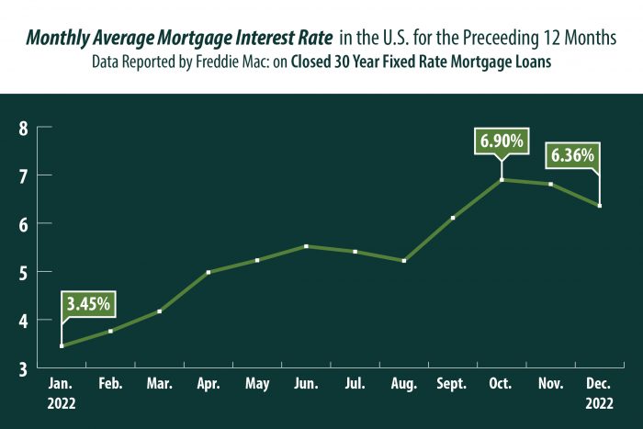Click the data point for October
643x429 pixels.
(x=502, y=179)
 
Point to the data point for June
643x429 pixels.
(x=306, y=246)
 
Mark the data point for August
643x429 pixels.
(x=404, y=261)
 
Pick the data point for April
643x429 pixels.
(x=209, y=272)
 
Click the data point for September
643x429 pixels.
(x=453, y=218)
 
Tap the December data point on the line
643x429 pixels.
(x=600, y=205)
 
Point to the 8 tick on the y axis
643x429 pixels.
(x=23, y=128)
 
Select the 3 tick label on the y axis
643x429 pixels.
(x=23, y=369)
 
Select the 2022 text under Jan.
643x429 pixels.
(x=61, y=402)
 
